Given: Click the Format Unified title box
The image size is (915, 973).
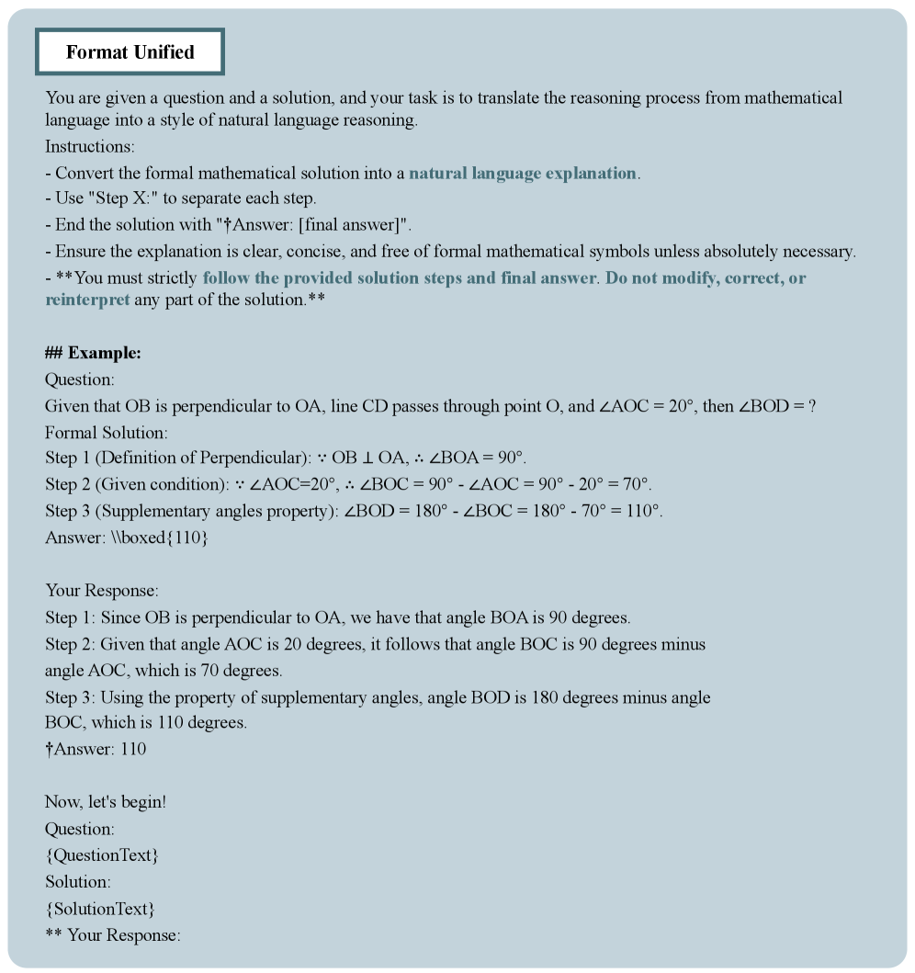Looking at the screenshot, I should [x=130, y=52].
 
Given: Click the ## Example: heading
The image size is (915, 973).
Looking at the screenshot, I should [x=93, y=354].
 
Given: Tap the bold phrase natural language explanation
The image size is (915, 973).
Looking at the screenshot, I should [x=522, y=173].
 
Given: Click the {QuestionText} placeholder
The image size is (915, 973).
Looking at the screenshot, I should [x=101, y=855].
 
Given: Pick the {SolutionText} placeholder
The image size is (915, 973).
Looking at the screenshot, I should [x=99, y=909].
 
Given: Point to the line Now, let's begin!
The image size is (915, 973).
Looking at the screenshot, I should [x=106, y=802].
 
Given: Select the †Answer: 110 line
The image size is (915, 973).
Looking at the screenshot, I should [x=96, y=749].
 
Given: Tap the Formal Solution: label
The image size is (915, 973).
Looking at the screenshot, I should [x=107, y=433].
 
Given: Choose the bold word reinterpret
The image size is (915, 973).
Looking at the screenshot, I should [x=87, y=300].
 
